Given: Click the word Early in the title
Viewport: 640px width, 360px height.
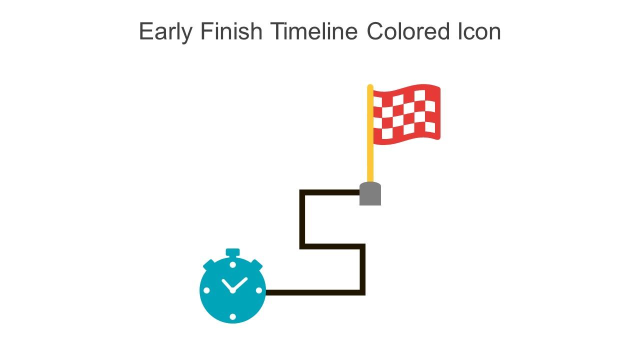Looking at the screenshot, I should pos(165,32).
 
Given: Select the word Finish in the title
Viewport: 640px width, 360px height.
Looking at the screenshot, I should pos(231,31).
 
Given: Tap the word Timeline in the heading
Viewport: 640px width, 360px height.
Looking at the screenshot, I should pos(314,31).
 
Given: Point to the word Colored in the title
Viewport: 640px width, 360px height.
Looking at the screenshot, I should pos(408,31).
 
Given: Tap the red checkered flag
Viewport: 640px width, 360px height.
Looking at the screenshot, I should pos(406,114).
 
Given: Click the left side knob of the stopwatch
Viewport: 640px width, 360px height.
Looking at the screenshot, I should pos(208,263).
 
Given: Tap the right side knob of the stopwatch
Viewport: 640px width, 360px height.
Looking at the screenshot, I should pos(256,263).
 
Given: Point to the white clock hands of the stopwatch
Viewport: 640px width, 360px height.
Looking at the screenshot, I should pos(233,285).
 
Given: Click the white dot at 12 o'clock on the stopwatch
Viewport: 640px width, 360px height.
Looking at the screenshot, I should pos(232,264).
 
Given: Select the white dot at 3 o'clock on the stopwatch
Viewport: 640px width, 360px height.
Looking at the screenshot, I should pos(259,290).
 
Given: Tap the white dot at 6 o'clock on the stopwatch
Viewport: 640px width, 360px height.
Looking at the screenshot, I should pos(232,316).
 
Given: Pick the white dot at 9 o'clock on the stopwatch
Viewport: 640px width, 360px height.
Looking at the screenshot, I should pos(206,290).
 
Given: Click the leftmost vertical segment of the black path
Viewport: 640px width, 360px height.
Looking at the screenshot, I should pos(302,219).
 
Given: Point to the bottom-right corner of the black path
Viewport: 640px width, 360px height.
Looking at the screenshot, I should pos(363,292).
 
